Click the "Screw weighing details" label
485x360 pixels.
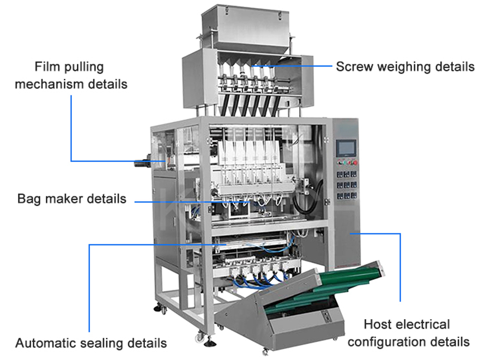tap(405, 67)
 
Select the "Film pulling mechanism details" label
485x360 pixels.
tap(71, 75)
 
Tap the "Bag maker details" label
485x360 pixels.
tap(72, 199)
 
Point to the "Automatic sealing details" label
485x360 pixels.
tap(91, 343)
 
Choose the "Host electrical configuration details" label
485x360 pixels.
tap(408, 333)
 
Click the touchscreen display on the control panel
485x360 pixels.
tap(347, 148)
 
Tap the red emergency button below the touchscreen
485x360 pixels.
tap(355, 163)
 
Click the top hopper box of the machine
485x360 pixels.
tap(245, 26)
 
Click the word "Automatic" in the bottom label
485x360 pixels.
tap(43, 343)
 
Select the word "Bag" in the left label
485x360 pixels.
tap(29, 199)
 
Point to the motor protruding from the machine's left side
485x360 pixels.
tap(143, 163)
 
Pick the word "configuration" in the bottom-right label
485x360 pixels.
tap(387, 342)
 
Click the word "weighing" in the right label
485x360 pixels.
tap(405, 67)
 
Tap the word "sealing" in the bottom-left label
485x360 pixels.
tap(100, 344)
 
